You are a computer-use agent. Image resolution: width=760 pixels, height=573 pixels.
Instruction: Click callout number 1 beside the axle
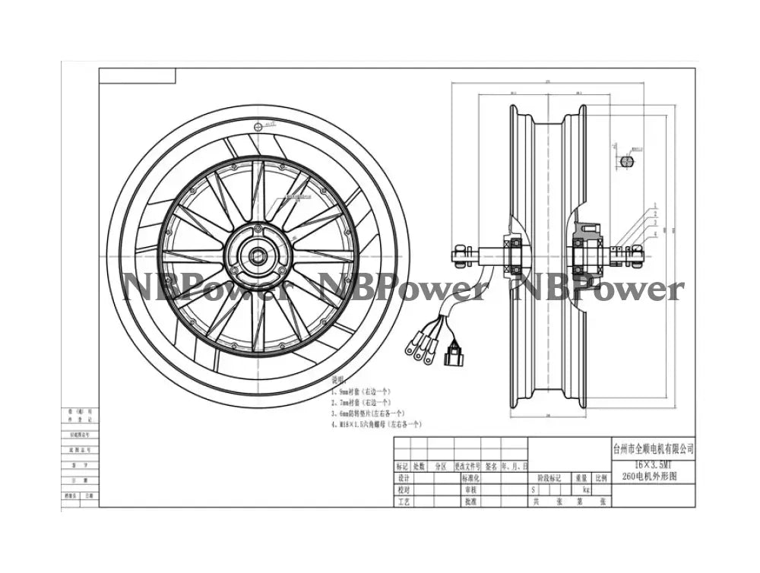tap(653, 206)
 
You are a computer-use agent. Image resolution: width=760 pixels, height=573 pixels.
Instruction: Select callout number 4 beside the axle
tap(653, 234)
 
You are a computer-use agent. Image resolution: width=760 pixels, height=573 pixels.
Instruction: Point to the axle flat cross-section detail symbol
tap(626, 161)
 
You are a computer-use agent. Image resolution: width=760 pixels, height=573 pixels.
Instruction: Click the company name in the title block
tap(652, 449)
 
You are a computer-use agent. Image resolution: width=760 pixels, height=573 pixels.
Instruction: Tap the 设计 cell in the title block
tap(404, 478)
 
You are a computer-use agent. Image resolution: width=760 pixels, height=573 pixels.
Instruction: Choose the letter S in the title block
tap(534, 490)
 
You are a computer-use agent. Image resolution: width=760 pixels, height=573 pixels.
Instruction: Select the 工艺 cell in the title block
tap(404, 502)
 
